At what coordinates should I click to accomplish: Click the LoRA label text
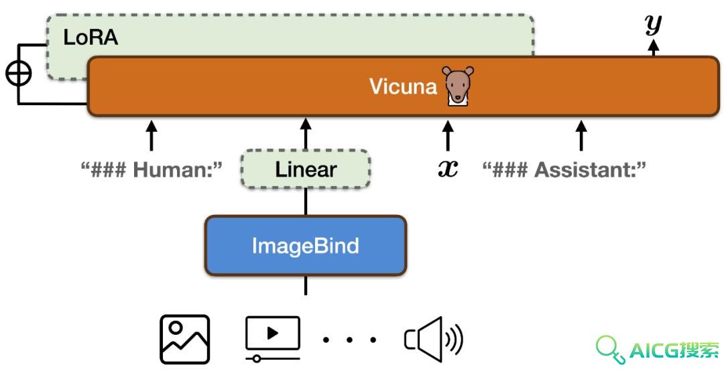pyautogui.click(x=90, y=38)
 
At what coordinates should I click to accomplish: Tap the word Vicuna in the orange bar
pyautogui.click(x=403, y=86)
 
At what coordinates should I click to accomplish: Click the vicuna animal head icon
pyautogui.click(x=458, y=86)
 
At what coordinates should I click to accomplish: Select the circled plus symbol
pyautogui.click(x=19, y=74)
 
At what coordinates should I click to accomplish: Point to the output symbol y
pyautogui.click(x=654, y=25)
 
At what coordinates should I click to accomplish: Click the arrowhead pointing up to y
pyautogui.click(x=654, y=45)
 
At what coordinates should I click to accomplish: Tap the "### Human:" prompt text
pyautogui.click(x=152, y=170)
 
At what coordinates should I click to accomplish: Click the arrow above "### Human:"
pyautogui.click(x=152, y=135)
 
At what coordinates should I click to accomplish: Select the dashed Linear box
pyautogui.click(x=306, y=169)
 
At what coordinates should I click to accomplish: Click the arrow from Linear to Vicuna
pyautogui.click(x=306, y=134)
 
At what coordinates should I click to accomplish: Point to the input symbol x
pyautogui.click(x=448, y=169)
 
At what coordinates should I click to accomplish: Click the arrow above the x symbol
pyautogui.click(x=448, y=135)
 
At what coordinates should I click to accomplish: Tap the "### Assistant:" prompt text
pyautogui.click(x=564, y=170)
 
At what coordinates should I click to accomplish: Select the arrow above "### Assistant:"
pyautogui.click(x=581, y=135)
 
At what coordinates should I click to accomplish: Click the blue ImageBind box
pyautogui.click(x=306, y=246)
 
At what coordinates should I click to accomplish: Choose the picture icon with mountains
pyautogui.click(x=185, y=339)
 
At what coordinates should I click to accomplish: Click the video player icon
pyautogui.click(x=273, y=338)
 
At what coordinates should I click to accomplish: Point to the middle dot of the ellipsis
pyautogui.click(x=349, y=340)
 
